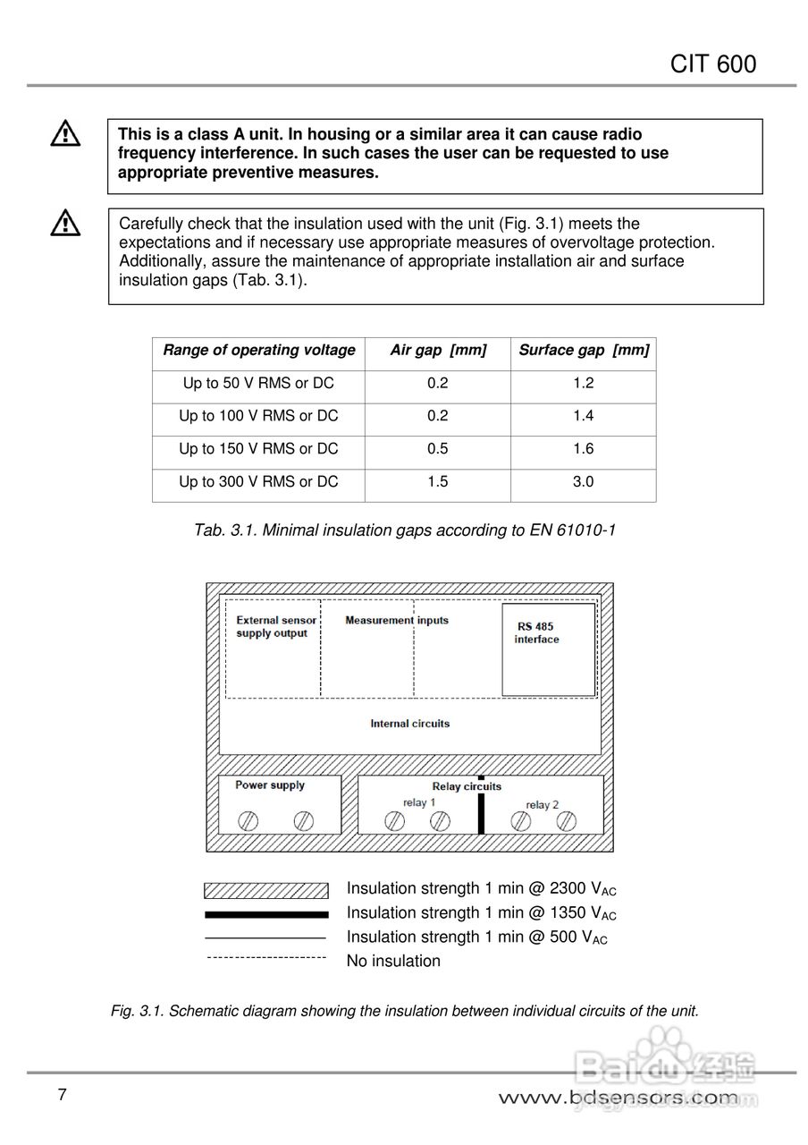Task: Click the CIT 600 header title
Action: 712,64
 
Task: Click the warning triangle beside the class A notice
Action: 65,134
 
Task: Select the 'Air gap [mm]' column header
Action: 438,351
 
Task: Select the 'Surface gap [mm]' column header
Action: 584,351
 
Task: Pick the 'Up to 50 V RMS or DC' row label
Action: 258,383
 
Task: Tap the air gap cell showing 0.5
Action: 438,449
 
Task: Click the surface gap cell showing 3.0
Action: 583,482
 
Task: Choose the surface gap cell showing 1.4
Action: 583,416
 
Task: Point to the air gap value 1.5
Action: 438,482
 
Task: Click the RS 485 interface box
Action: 548,649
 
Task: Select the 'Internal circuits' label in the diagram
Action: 410,723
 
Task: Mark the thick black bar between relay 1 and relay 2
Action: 481,810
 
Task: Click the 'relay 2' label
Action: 542,804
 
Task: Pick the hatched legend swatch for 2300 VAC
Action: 266,890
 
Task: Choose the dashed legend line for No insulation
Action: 266,958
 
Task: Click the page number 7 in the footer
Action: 62,1095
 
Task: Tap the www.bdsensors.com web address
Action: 618,1098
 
